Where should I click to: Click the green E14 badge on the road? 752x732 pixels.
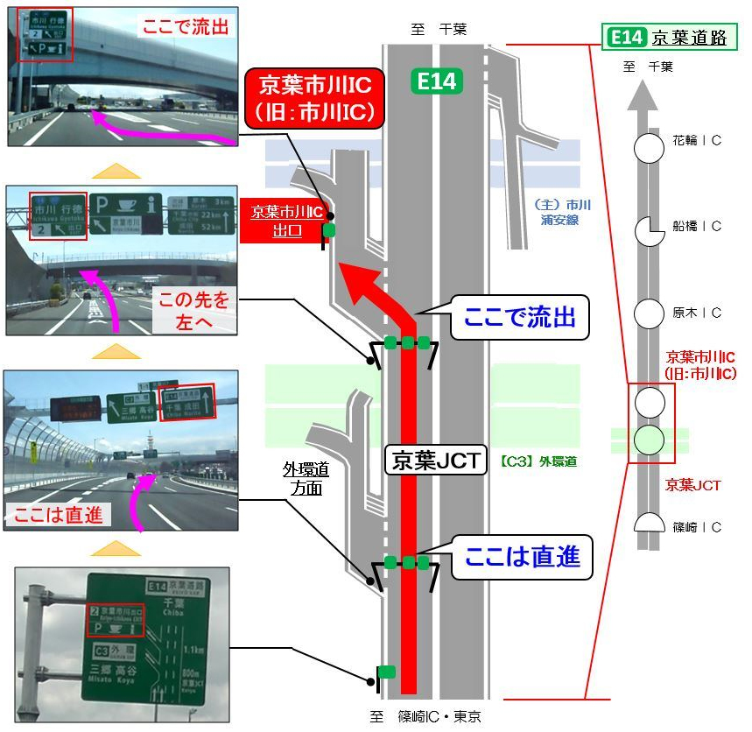[436, 81]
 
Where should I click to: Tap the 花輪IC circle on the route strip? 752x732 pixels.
[650, 147]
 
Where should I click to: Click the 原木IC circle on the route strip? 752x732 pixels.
[650, 313]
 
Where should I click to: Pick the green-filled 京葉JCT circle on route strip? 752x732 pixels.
[650, 439]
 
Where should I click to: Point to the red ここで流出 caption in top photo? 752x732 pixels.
[186, 27]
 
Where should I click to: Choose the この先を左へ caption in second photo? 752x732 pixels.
[193, 311]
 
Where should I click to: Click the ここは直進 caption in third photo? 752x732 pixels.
[58, 515]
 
